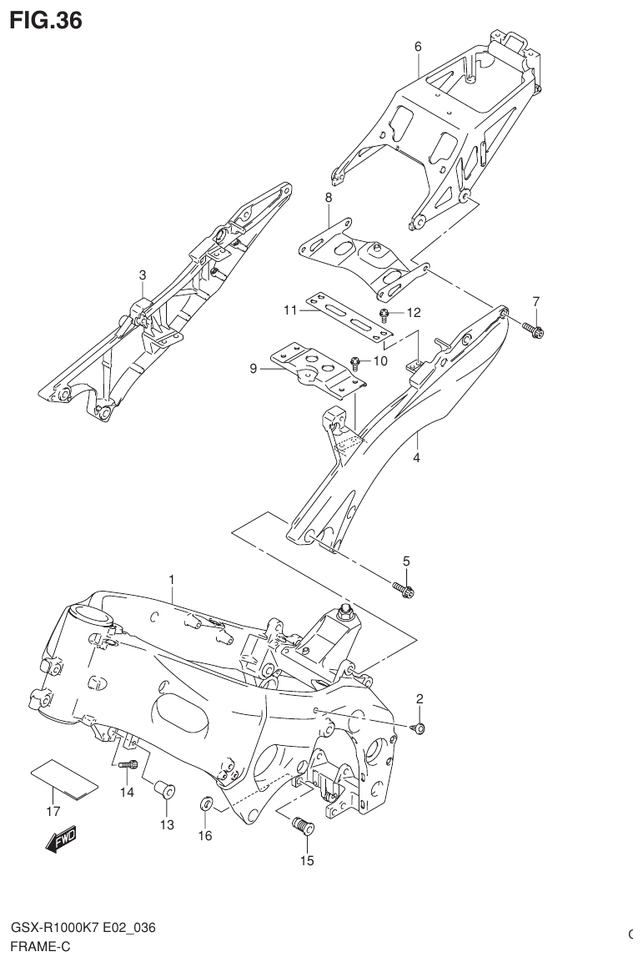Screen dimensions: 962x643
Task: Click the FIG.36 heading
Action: (46, 19)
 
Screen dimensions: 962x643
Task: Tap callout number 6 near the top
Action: (418, 47)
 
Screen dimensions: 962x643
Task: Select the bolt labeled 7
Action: (535, 331)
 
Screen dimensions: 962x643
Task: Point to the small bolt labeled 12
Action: (385, 315)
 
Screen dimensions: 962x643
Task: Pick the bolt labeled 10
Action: (356, 363)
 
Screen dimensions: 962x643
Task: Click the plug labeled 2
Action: (419, 728)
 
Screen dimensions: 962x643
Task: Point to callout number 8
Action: (329, 198)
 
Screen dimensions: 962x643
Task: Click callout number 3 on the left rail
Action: (143, 274)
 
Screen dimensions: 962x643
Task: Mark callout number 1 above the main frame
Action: (172, 579)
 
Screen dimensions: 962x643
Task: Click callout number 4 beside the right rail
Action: (416, 457)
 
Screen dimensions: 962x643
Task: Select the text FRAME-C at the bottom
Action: (40, 947)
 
